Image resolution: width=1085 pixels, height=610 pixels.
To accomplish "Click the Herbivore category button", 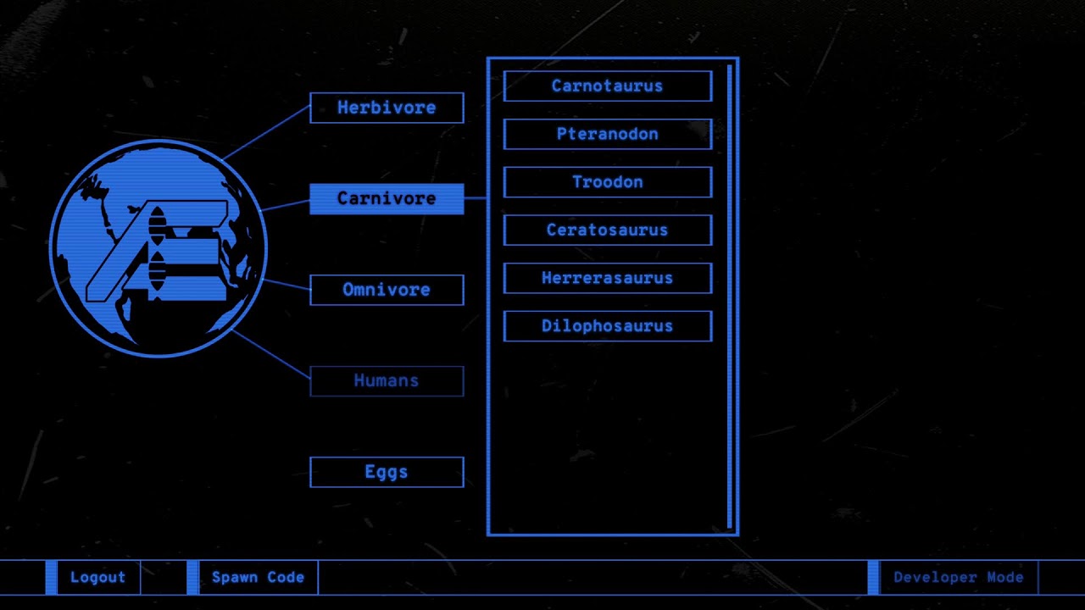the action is point(387,108).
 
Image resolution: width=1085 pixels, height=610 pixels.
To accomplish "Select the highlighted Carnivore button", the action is point(387,198).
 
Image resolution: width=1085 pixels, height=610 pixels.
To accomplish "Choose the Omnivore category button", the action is point(387,290).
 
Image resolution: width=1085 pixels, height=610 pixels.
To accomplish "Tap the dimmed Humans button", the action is point(387,381).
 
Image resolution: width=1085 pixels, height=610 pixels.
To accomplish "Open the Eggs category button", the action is point(387,472).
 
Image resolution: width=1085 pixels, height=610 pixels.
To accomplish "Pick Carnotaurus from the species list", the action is point(608,86).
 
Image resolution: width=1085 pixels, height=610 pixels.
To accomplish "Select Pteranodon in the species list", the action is point(608,134).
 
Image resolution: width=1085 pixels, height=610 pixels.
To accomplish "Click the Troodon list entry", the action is point(608,182).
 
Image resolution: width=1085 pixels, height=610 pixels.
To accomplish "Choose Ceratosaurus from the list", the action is point(608,230).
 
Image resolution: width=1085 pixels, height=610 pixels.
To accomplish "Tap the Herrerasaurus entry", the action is point(608,279).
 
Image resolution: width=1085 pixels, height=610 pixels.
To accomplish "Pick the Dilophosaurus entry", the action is point(608,326).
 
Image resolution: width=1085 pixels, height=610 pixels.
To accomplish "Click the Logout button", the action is point(98,577).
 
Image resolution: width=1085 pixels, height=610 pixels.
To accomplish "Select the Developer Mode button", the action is point(958,577).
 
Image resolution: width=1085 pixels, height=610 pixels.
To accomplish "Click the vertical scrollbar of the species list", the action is point(730,297).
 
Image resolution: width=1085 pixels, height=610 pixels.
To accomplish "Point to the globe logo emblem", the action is point(158,248).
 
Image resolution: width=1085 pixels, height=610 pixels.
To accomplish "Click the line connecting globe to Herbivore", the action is point(266,133).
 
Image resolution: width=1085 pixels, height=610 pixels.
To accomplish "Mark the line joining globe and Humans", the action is point(271,354).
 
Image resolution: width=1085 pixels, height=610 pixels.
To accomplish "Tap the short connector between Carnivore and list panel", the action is point(476,198).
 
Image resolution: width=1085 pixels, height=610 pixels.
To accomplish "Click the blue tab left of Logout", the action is point(51,577).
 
